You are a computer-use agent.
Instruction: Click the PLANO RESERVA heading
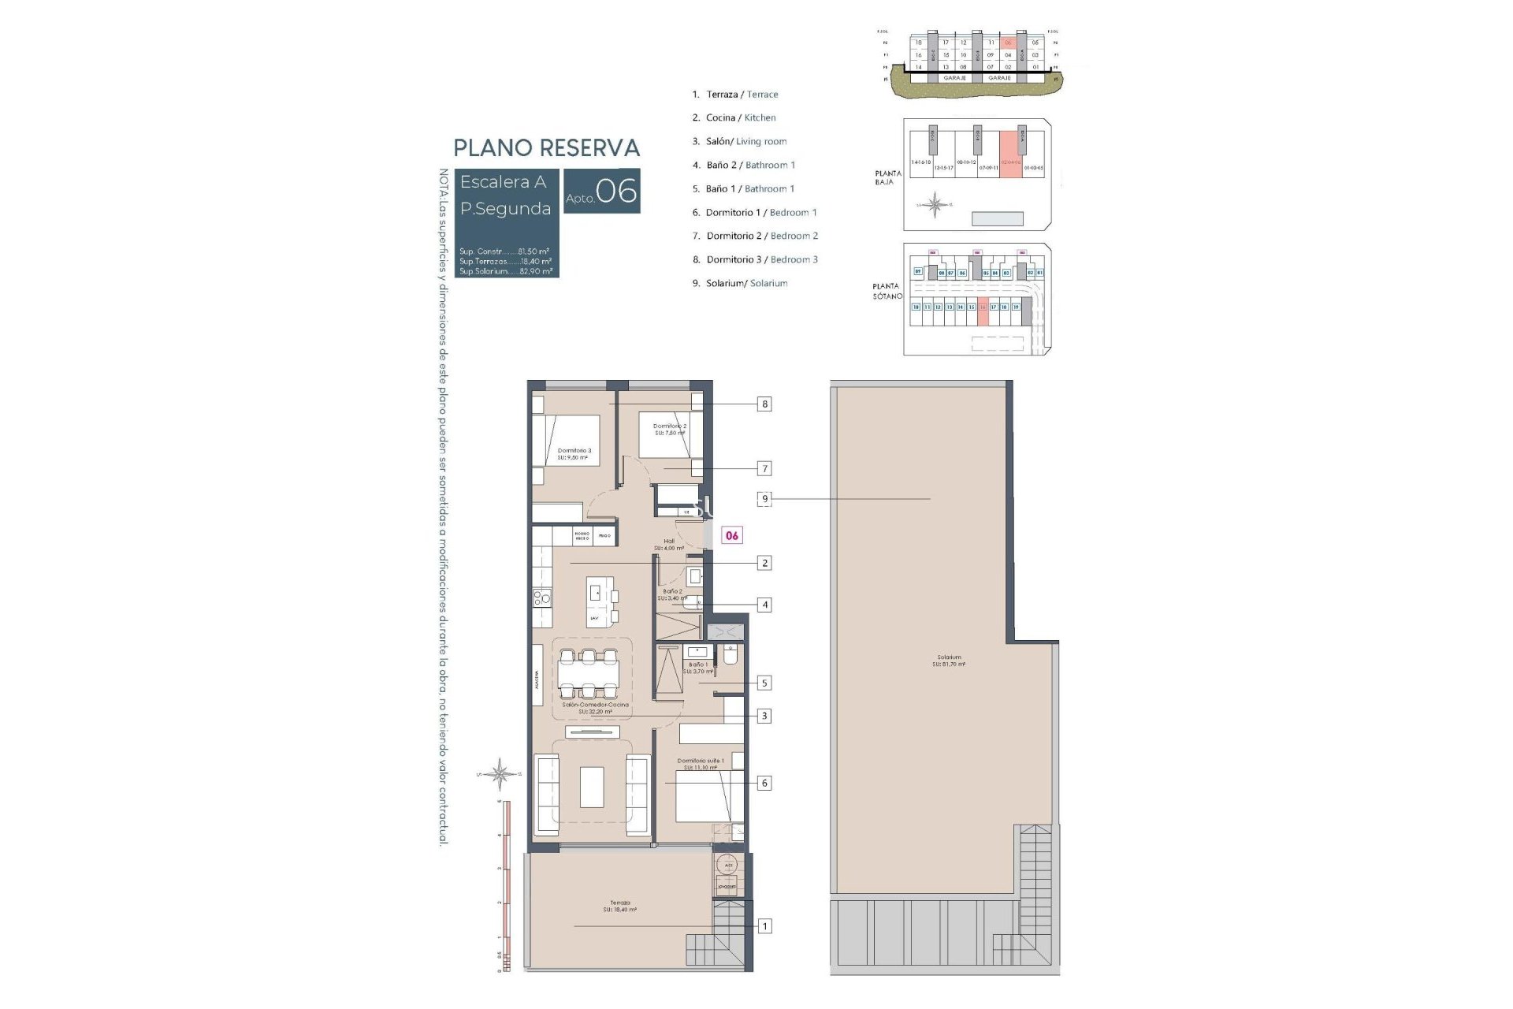click(546, 147)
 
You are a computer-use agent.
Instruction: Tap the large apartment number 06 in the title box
click(616, 191)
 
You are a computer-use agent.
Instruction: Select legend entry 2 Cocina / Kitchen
click(734, 117)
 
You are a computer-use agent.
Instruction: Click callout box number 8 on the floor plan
click(764, 404)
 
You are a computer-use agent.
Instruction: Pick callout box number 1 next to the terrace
click(764, 926)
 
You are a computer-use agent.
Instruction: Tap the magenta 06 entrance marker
click(732, 535)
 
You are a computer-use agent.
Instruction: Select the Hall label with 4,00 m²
click(669, 545)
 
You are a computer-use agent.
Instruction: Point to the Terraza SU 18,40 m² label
click(619, 907)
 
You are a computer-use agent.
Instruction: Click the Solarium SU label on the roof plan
click(949, 661)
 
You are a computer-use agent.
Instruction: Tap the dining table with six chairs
click(589, 674)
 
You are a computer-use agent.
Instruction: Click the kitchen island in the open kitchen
click(599, 601)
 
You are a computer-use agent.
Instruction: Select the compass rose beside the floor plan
click(500, 773)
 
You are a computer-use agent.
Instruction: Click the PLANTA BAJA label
click(887, 177)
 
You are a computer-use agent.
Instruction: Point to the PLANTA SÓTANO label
click(887, 291)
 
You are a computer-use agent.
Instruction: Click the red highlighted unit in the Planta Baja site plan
click(1010, 155)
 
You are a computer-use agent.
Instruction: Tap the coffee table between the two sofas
click(592, 787)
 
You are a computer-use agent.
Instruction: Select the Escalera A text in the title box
click(503, 182)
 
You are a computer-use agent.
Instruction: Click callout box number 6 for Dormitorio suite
click(764, 783)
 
